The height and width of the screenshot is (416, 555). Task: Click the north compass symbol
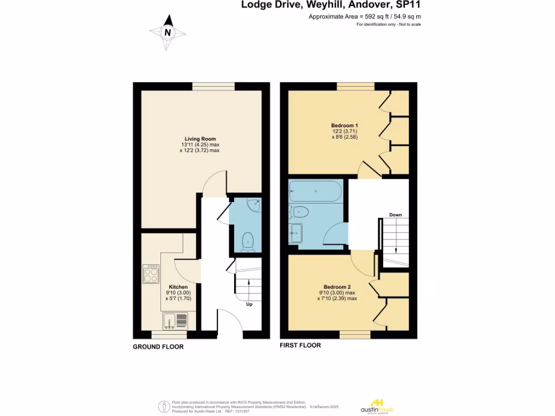pyautogui.click(x=167, y=32)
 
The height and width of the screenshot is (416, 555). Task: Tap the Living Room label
pyautogui.click(x=196, y=139)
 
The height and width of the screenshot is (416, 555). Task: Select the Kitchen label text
pyautogui.click(x=178, y=287)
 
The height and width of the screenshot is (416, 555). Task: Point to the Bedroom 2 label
pyautogui.click(x=337, y=287)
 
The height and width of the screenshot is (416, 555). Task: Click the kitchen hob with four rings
pyautogui.click(x=151, y=274)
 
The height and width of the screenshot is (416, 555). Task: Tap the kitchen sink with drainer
pyautogui.click(x=176, y=321)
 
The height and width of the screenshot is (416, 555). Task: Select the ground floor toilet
pyautogui.click(x=248, y=241)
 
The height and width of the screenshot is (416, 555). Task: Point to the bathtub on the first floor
pyautogui.click(x=315, y=191)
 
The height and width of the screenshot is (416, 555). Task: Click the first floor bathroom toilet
pyautogui.click(x=299, y=211)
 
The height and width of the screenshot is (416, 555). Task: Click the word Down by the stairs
pyautogui.click(x=395, y=215)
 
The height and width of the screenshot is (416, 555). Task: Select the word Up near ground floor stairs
pyautogui.click(x=249, y=304)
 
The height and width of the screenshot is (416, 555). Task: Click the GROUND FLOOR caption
pyautogui.click(x=158, y=347)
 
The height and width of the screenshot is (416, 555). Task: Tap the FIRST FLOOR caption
pyautogui.click(x=300, y=345)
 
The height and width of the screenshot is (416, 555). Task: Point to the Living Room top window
pyautogui.click(x=213, y=86)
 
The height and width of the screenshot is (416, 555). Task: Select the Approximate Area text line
pyautogui.click(x=365, y=17)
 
